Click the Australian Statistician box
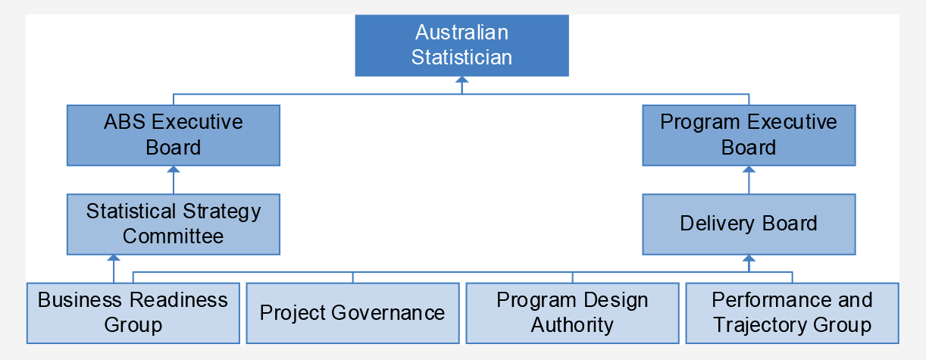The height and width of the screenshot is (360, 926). [461, 45]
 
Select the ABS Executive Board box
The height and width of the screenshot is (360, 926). [174, 135]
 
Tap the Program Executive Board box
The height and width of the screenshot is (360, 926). [749, 135]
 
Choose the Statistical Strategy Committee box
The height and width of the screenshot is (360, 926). [174, 224]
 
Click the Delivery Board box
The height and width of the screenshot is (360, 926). [749, 224]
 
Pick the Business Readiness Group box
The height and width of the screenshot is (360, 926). [133, 313]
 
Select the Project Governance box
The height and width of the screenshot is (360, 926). [352, 313]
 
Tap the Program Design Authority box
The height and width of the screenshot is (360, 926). [573, 313]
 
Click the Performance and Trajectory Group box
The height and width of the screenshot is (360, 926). [792, 313]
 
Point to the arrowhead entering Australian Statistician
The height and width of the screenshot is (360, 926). [461, 80]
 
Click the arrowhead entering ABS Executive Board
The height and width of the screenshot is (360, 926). [174, 170]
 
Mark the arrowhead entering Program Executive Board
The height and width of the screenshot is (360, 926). [749, 170]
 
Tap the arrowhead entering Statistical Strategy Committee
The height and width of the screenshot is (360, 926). [114, 258]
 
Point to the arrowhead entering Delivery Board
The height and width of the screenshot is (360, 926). [749, 258]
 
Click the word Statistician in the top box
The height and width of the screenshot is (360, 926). [461, 57]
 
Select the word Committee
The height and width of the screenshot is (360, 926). [174, 236]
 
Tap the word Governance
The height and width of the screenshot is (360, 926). [388, 313]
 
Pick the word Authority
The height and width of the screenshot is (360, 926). [573, 326]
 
